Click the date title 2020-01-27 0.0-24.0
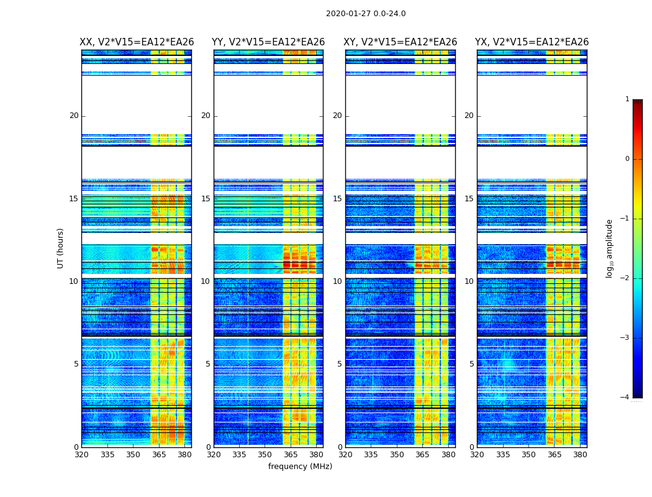tap(366, 14)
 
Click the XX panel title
tap(137, 42)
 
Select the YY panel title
tap(268, 42)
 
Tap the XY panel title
tap(401, 42)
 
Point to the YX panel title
tap(532, 42)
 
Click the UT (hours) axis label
tap(61, 248)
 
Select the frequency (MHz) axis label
tap(300, 467)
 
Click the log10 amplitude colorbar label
tap(610, 248)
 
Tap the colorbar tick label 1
tap(627, 99)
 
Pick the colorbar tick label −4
tap(626, 398)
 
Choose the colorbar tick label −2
tap(626, 278)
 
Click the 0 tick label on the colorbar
tap(627, 159)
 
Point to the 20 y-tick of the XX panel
tap(74, 116)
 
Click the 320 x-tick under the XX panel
tap(81, 455)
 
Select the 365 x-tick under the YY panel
tap(291, 455)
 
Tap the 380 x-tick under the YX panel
tap(580, 455)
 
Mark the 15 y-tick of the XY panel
tap(337, 199)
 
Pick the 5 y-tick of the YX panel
tap(471, 364)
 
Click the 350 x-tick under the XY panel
tap(397, 455)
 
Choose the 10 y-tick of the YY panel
tap(206, 281)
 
